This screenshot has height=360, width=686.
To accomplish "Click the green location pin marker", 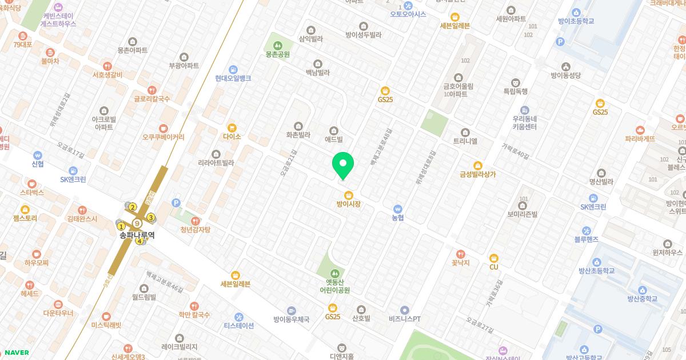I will pyautogui.click(x=343, y=165).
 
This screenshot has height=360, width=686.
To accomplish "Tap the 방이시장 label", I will pyautogui.click(x=348, y=204).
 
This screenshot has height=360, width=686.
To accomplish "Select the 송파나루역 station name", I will pyautogui.click(x=137, y=235).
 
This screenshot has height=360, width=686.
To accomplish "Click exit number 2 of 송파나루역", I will pyautogui.click(x=133, y=207).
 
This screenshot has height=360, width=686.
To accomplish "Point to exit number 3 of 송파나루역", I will pyautogui.click(x=151, y=217).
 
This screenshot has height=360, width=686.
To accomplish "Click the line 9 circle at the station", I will pyautogui.click(x=137, y=223).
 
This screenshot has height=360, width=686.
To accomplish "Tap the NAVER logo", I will pyautogui.click(x=16, y=353).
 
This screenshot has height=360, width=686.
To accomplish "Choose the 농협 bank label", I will pyautogui.click(x=398, y=218).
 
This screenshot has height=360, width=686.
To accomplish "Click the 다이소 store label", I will pyautogui.click(x=232, y=137).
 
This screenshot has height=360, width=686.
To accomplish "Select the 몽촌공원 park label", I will pyautogui.click(x=278, y=54).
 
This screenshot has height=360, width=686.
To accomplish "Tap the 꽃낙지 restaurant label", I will pyautogui.click(x=460, y=263).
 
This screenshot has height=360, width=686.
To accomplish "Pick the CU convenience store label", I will pyautogui.click(x=494, y=267).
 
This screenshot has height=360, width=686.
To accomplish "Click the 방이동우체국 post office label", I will pyautogui.click(x=291, y=319).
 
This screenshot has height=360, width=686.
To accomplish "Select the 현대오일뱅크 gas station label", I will pyautogui.click(x=233, y=78).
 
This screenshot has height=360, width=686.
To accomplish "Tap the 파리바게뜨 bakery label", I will pyautogui.click(x=640, y=138).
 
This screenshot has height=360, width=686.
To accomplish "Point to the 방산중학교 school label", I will pyautogui.click(x=642, y=298).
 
